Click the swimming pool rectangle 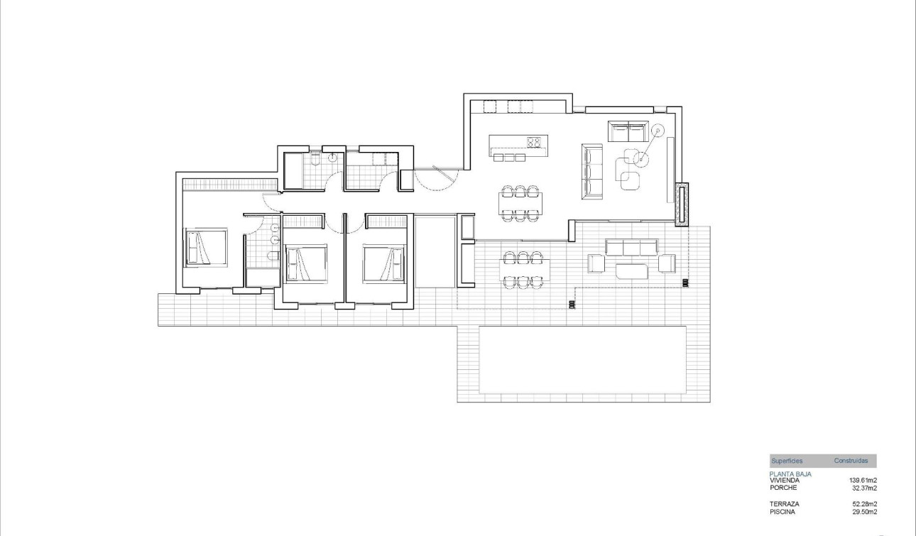(582, 359)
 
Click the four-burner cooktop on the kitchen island (535, 141)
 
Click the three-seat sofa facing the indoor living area (592, 170)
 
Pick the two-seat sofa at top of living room (629, 131)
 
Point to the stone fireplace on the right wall (683, 204)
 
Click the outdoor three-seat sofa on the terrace (631, 247)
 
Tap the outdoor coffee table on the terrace (632, 270)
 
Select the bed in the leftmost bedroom (206, 247)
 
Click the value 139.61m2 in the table (863, 481)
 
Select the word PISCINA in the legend (782, 511)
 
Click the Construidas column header (851, 461)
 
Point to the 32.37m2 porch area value (864, 488)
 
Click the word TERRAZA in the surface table (783, 504)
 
